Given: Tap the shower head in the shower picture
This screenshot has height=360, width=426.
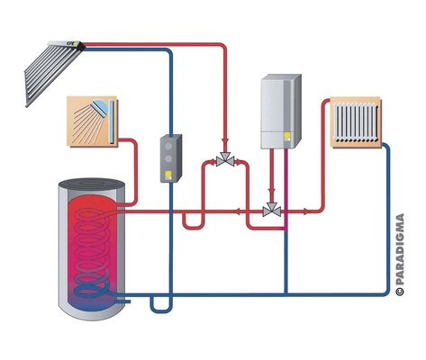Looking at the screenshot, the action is pyautogui.click(x=100, y=107).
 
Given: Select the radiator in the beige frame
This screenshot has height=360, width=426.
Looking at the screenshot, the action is pyautogui.click(x=356, y=122).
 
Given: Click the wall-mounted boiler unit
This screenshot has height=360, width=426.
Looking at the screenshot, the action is pyautogui.click(x=281, y=112).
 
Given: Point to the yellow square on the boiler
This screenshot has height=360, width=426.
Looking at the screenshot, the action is pyautogui.click(x=287, y=135).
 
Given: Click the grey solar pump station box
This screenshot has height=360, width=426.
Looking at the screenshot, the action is pyautogui.click(x=171, y=158).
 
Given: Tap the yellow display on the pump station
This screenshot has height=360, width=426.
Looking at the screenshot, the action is pyautogui.click(x=168, y=174).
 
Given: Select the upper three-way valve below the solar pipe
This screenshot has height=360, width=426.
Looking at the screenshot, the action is pyautogui.click(x=225, y=159).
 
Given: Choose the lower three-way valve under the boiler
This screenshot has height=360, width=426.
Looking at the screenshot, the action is pyautogui.click(x=272, y=210).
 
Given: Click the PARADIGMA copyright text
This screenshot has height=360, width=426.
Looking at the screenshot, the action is pyautogui.click(x=400, y=255).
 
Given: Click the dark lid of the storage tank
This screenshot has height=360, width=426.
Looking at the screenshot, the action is pyautogui.click(x=92, y=184).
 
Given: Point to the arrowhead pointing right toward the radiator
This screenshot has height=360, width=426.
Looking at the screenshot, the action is pyautogui.click(x=306, y=211).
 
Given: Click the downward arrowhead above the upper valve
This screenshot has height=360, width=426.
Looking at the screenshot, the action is pyautogui.click(x=225, y=141).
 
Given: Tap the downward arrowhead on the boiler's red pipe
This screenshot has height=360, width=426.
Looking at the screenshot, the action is pyautogui.click(x=272, y=191).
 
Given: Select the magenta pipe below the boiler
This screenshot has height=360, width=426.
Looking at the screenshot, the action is pyautogui.click(x=286, y=190).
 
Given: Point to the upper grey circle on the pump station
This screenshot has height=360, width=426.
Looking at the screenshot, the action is pyautogui.click(x=168, y=147).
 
